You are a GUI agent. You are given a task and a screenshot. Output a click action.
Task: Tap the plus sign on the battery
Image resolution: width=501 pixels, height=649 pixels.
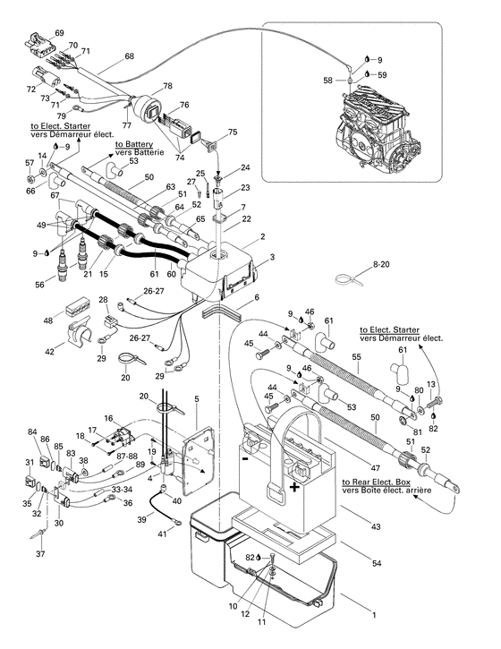pos(294,488)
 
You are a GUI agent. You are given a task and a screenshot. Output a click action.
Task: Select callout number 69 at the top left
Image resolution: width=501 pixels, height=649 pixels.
pos(59,33)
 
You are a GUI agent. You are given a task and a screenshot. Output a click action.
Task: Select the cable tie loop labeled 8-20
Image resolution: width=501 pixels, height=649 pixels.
pos(343,278)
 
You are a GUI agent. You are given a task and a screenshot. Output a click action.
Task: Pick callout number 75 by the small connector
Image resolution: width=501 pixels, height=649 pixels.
pos(233,132)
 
